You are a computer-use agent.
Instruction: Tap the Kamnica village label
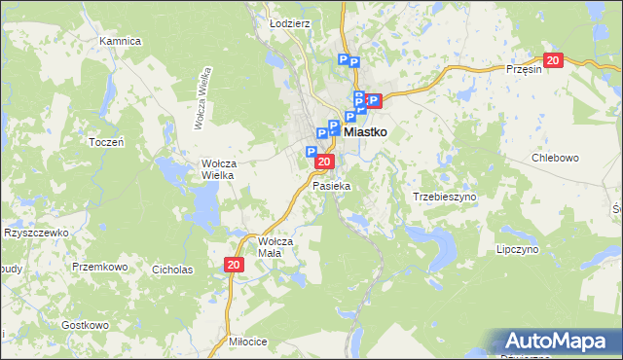(121, 42)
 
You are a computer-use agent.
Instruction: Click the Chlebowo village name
(556, 158)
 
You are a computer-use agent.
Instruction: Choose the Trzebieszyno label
(445, 196)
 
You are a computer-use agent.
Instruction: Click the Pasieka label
(331, 185)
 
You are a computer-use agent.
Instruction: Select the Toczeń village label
(105, 142)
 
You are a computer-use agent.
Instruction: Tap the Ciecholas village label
(172, 269)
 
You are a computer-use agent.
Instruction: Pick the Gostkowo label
(84, 324)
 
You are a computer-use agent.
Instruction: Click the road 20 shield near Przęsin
(553, 60)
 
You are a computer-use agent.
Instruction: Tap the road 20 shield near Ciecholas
(234, 265)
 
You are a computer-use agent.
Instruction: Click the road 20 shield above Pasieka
(325, 162)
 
